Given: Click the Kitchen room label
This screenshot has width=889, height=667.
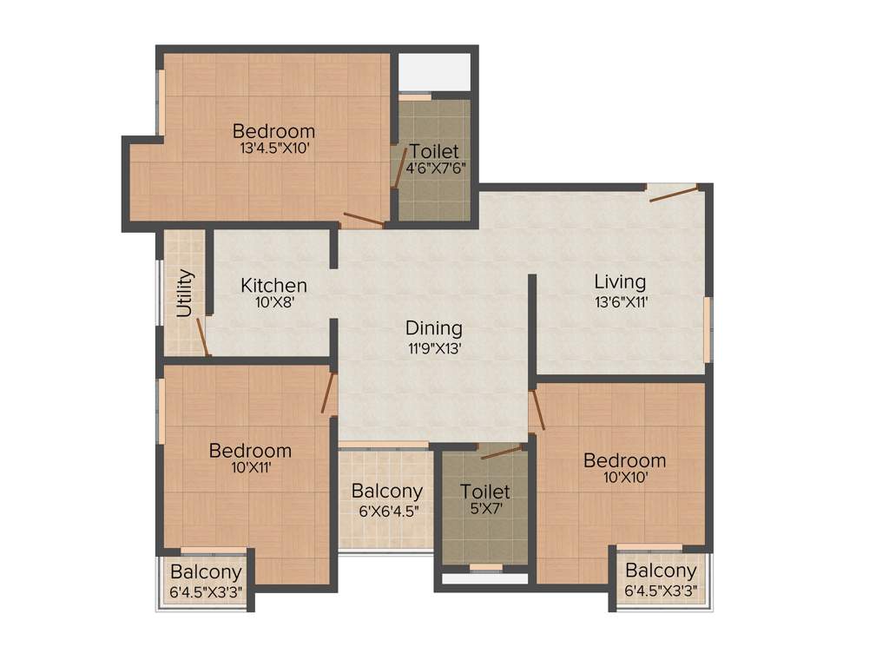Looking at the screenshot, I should pyautogui.click(x=273, y=285).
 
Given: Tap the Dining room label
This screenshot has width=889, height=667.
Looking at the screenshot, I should pyautogui.click(x=434, y=328).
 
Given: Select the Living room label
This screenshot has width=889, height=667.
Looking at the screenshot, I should pyautogui.click(x=620, y=281).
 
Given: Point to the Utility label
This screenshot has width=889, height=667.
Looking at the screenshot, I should pyautogui.click(x=185, y=294).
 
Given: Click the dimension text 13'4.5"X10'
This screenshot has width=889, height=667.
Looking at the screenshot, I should pyautogui.click(x=274, y=149).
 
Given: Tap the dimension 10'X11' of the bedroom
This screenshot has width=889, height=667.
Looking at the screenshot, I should pyautogui.click(x=250, y=468).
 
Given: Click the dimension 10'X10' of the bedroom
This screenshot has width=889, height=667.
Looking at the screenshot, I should pyautogui.click(x=624, y=477).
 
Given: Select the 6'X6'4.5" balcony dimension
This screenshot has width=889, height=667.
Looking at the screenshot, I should pyautogui.click(x=386, y=510).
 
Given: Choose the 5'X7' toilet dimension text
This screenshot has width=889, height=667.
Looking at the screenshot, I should pyautogui.click(x=484, y=510).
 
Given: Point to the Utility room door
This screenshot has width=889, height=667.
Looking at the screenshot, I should pyautogui.click(x=203, y=337).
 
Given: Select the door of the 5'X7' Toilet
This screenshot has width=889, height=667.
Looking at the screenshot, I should pyautogui.click(x=500, y=452).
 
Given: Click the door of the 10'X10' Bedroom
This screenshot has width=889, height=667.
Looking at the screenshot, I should pyautogui.click(x=538, y=410).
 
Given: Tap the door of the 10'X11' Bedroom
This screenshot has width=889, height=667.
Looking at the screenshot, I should pyautogui.click(x=328, y=393).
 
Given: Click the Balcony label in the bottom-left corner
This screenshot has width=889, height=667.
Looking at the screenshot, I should pyautogui.click(x=205, y=572).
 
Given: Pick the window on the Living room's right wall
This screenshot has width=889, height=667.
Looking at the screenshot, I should pyautogui.click(x=708, y=328).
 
